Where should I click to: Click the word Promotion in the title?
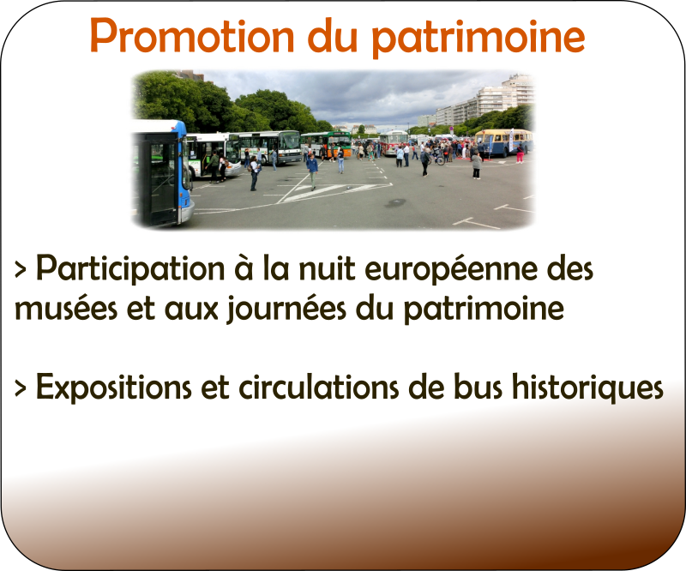[191, 36]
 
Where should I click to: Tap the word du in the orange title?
[334, 35]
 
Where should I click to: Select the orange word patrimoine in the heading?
[478, 38]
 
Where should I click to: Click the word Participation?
[130, 269]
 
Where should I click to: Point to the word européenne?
[451, 270]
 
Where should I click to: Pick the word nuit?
[327, 268]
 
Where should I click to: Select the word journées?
[286, 309]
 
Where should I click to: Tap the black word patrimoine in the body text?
[484, 310]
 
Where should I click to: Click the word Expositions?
[114, 388]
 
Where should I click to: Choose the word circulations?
[319, 387]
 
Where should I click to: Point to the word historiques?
[588, 388]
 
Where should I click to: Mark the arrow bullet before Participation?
[20, 269]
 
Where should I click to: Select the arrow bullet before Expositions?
[20, 388]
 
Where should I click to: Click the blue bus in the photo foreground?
[163, 173]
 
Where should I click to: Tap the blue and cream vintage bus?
[503, 142]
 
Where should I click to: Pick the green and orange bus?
[326, 143]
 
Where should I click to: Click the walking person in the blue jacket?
[312, 171]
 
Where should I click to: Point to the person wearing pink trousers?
[520, 153]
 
